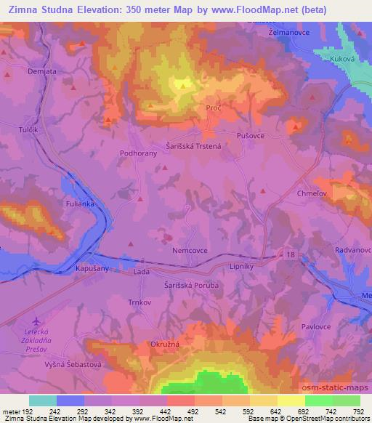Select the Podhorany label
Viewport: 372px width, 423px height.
point(139,153)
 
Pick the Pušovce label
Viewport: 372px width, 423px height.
point(251,135)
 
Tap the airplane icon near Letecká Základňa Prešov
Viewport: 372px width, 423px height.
point(37,321)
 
